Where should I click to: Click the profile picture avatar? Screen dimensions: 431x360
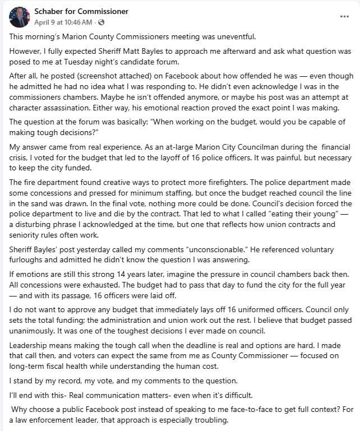(19, 17)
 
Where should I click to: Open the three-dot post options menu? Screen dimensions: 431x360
(344, 16)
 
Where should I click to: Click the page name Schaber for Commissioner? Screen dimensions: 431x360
(81, 11)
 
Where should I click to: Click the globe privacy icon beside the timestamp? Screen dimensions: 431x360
(101, 22)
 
